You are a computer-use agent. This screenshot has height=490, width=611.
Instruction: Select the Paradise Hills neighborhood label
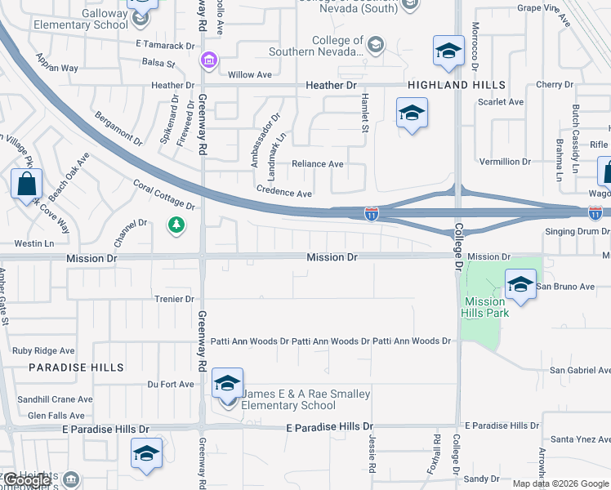coord(76,368)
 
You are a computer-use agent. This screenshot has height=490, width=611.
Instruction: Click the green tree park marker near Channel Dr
coord(175,225)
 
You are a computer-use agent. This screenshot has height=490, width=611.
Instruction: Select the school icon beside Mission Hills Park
coord(520,285)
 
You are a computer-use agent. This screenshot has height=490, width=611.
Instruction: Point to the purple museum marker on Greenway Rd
coord(208,60)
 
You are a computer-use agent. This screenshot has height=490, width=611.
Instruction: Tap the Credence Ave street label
coord(284,194)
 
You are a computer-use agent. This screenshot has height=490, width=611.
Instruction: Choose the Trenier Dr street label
coord(173,300)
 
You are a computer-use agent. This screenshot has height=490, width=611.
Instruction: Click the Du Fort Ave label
coord(171,384)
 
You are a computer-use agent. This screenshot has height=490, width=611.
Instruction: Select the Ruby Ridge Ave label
coord(43,351)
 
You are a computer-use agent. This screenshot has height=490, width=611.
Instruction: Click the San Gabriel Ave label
coord(579,370)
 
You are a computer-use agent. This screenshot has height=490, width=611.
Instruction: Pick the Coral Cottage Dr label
coord(163,195)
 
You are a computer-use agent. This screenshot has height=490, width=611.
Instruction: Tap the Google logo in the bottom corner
coord(28,481)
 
